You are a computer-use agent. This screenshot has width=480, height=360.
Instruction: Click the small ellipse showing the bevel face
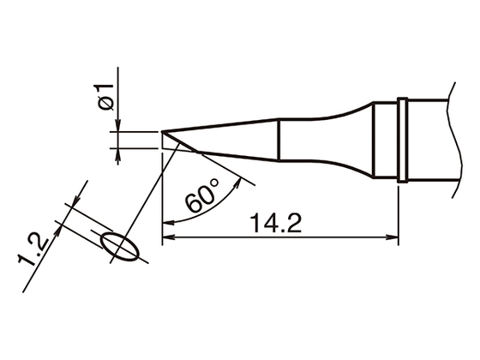coord(120,245)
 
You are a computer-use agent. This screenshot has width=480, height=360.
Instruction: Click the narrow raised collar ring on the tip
coord(401,141)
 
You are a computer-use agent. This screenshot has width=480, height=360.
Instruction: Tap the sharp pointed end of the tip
coord(163,132)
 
